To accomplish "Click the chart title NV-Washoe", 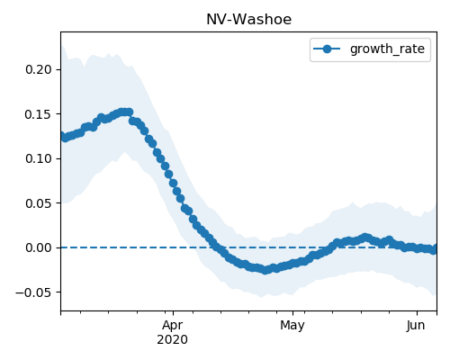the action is tap(248, 20).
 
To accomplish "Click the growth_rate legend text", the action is tap(387, 49).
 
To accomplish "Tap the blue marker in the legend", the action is tap(327, 49).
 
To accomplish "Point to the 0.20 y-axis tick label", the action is tap(39, 69).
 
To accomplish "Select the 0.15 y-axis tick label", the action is tap(39, 114).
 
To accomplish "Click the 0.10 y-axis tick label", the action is tap(39, 158).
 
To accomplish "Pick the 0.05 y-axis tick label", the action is tap(39, 203).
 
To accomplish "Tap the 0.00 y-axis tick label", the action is tap(39, 247).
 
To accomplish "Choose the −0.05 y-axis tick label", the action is tap(33, 292).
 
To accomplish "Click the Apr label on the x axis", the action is tap(173, 326).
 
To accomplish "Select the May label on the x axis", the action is tap(292, 326).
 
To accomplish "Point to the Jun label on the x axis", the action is tap(416, 326).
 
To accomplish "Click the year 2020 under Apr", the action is tap(173, 340).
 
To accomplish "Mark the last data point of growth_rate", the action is tap(433, 249).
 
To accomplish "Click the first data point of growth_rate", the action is tap(63, 136).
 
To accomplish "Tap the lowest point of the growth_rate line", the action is tap(265, 270).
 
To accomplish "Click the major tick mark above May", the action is tap(292, 313).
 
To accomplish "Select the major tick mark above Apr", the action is tap(173, 313).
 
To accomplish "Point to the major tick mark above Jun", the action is tap(417, 313).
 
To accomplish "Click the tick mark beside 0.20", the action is tap(58, 69).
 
